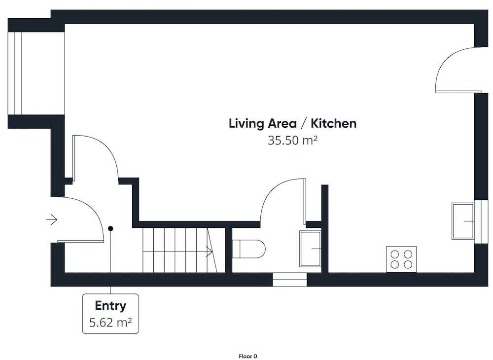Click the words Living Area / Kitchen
[292, 124]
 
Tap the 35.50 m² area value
[292, 140]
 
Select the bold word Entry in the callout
[110, 306]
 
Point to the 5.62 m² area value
[110, 322]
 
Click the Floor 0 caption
[248, 356]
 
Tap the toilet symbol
[248, 249]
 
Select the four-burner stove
[401, 259]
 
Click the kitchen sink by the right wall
[463, 221]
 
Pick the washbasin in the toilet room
[310, 249]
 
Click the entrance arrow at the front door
[52, 219]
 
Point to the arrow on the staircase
[210, 251]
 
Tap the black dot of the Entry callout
[110, 229]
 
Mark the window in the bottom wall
[289, 280]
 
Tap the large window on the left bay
[18, 73]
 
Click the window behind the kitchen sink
[481, 221]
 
